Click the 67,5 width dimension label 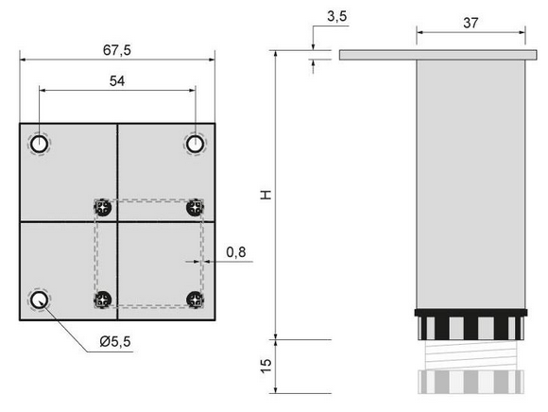[117, 50]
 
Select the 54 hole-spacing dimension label [117, 81]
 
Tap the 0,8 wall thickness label [236, 252]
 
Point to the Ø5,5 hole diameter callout [115, 341]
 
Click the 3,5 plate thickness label [337, 16]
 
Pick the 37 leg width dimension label [471, 23]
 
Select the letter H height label [266, 195]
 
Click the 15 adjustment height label [266, 366]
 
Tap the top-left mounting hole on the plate [39, 144]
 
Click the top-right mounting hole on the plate [195, 144]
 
